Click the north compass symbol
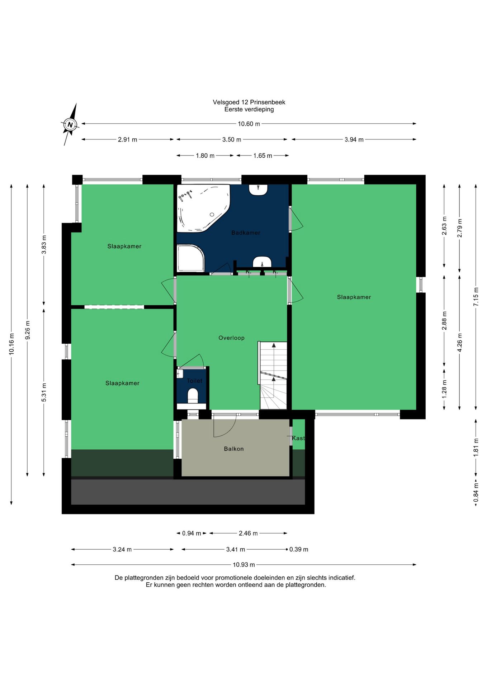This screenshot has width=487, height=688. tap(70, 125)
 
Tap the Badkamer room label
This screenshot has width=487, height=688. tap(246, 233)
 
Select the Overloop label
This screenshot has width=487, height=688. tap(231, 338)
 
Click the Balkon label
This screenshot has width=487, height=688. tap(233, 449)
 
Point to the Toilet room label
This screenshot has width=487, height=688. tap(194, 381)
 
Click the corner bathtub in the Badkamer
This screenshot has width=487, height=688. tap(203, 208)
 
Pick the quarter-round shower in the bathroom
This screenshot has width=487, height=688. tap(190, 258)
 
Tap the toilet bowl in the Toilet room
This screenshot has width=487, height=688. tap(193, 396)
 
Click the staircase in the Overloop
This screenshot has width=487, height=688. tap(273, 375)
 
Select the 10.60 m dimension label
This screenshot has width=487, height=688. tap(249, 124)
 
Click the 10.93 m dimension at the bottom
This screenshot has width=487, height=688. tap(244, 565)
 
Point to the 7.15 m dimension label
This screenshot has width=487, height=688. tap(476, 297)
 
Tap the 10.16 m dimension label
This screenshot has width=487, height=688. tap(11, 344)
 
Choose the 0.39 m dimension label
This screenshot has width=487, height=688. tap(299, 549)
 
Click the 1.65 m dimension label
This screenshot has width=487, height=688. tap(263, 156)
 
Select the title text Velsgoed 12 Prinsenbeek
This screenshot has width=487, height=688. tap(249, 102)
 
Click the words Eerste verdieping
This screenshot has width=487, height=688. tap(249, 109)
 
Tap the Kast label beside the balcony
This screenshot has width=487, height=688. tap(298, 438)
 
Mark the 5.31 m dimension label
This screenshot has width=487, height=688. tap(44, 392)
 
